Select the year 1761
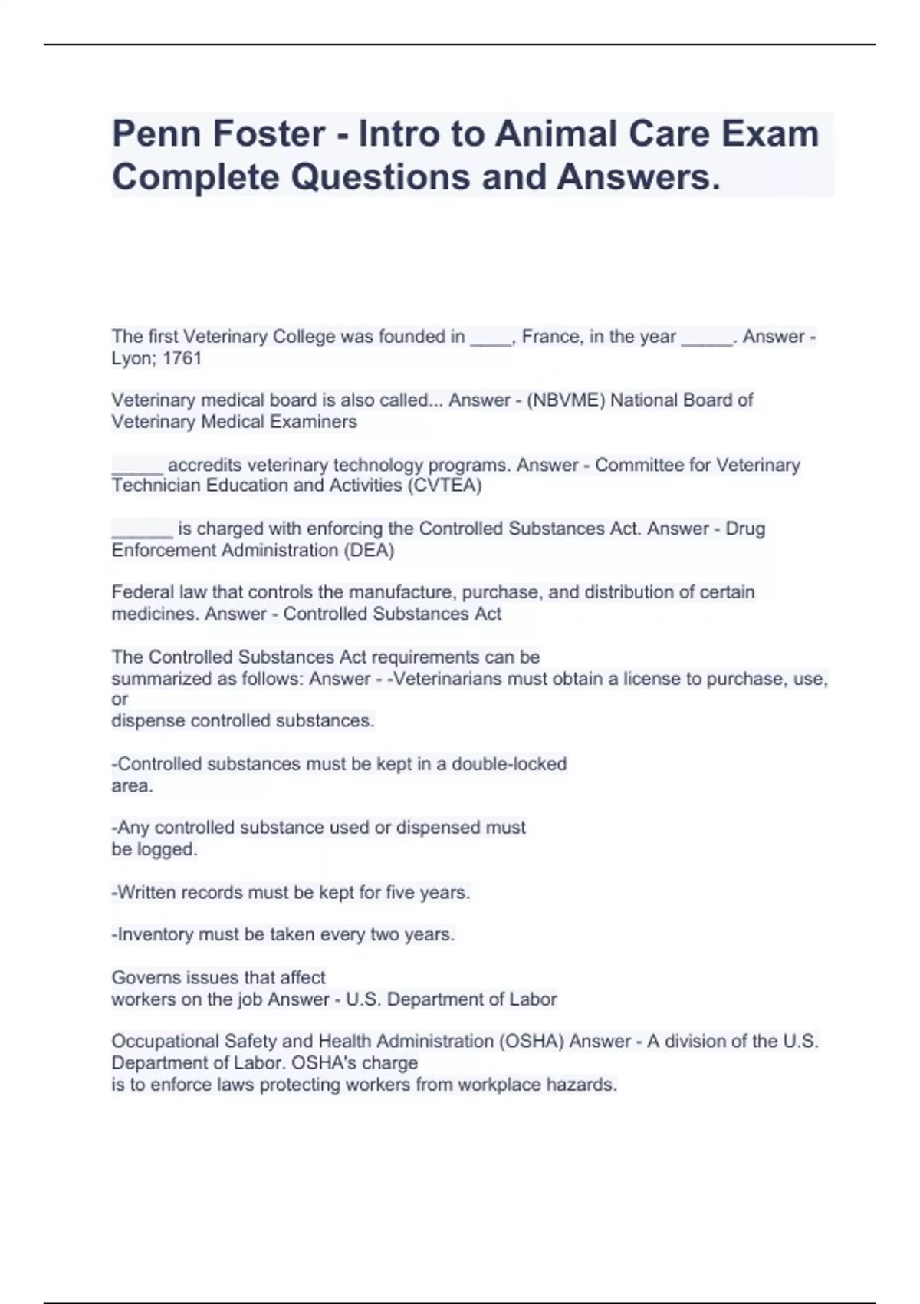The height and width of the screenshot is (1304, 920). pyautogui.click(x=182, y=358)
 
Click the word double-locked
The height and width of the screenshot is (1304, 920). pyautogui.click(x=509, y=764)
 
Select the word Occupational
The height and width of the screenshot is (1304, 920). pyautogui.click(x=165, y=1041)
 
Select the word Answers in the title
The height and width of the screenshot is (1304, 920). pyautogui.click(x=639, y=177)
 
